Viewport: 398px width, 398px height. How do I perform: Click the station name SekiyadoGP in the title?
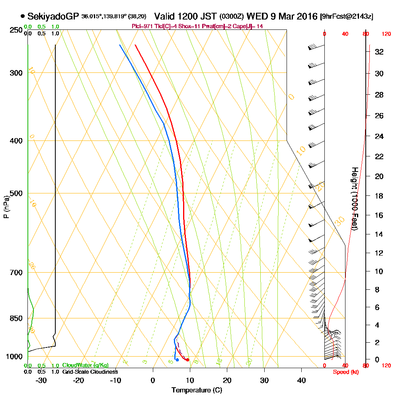53,16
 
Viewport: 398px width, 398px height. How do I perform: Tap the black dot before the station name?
23,16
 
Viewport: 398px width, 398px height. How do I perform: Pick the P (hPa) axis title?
6,207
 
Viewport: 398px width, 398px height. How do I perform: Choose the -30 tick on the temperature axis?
41,380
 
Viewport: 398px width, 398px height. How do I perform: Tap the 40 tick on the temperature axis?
301,380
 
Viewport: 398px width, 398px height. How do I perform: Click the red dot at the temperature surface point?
187,360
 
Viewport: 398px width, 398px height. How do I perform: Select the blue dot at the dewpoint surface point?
177,360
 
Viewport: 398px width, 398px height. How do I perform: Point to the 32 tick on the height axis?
379,52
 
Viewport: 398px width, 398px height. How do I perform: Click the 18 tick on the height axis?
379,196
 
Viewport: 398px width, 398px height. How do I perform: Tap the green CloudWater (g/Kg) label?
85,365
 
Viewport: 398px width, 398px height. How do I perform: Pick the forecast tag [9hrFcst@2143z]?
346,17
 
